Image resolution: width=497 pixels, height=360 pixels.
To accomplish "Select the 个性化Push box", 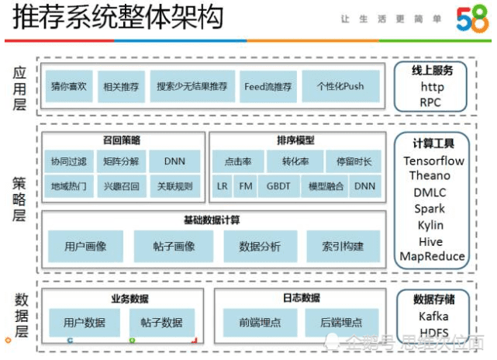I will [x=340, y=87].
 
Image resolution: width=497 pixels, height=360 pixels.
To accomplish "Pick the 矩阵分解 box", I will [x=120, y=162].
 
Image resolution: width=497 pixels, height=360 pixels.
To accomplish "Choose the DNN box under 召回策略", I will [x=174, y=162].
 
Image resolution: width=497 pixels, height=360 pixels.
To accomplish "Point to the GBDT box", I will [x=278, y=186].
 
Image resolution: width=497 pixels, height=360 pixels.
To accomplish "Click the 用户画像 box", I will [x=85, y=247].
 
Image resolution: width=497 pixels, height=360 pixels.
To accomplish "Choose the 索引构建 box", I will [x=343, y=247].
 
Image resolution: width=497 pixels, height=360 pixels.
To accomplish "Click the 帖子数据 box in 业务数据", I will [x=161, y=323].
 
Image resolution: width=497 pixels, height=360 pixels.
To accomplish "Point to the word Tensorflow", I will [x=434, y=161].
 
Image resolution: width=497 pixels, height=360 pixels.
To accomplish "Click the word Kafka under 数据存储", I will [x=433, y=317].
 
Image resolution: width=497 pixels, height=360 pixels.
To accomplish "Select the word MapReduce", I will [x=433, y=256].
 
